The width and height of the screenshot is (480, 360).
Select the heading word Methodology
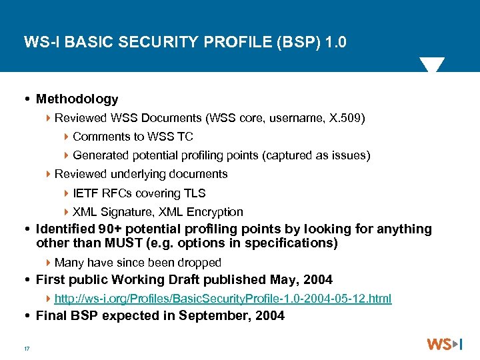[77, 99]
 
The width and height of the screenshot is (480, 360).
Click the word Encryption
[214, 212]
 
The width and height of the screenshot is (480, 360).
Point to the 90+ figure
[100, 229]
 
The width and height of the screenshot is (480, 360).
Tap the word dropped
[197, 263]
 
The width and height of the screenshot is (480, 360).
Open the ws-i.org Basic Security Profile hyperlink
[223, 299]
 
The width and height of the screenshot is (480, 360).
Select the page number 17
[27, 348]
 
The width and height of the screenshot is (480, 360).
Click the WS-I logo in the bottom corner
[444, 345]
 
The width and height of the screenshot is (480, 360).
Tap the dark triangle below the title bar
[432, 65]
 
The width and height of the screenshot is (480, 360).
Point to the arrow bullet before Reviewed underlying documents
[49, 175]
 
